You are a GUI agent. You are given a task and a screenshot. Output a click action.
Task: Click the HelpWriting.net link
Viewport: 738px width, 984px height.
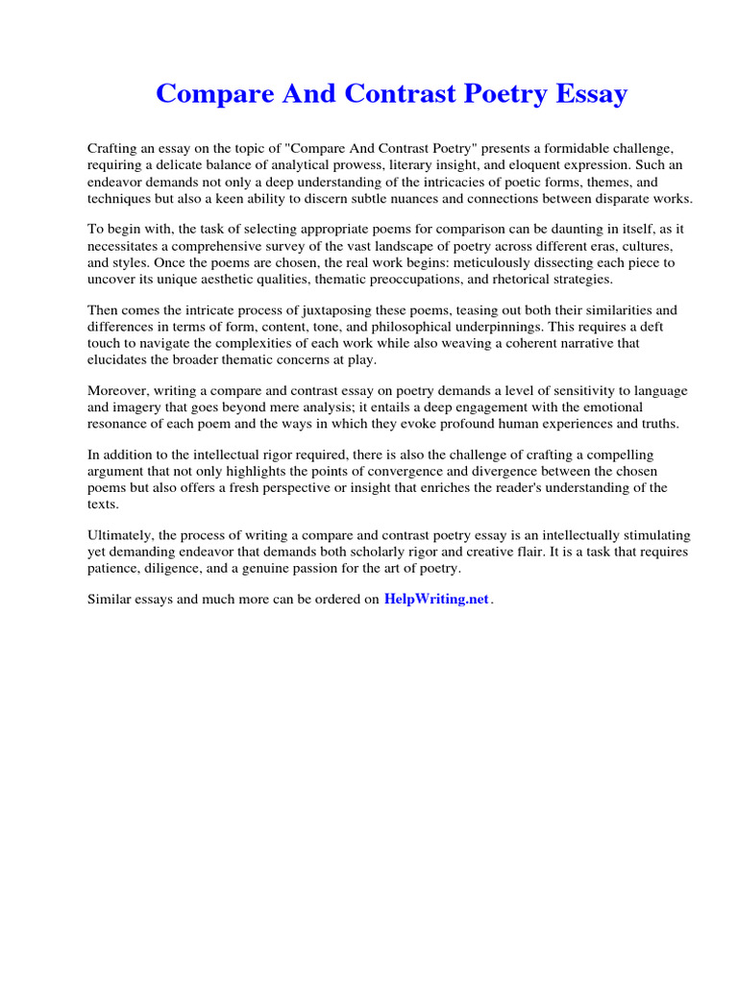[436, 599]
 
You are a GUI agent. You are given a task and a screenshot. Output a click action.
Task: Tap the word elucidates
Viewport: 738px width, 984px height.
[119, 359]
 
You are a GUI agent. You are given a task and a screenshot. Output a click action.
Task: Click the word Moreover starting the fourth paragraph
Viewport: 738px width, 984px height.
[120, 391]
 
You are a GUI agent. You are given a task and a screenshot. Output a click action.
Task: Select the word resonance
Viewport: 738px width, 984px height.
[121, 424]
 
